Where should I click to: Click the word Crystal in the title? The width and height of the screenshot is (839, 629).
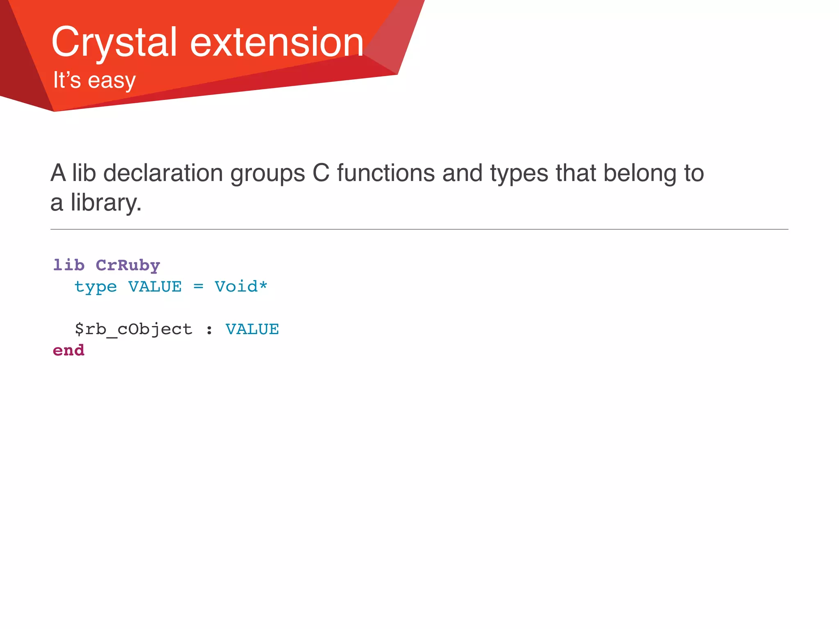tap(114, 43)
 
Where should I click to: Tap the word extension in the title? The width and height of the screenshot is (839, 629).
tap(277, 43)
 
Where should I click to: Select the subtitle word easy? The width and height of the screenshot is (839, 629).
tap(111, 81)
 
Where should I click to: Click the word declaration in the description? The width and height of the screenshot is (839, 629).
tap(163, 173)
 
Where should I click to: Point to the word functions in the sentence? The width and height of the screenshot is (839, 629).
tap(385, 173)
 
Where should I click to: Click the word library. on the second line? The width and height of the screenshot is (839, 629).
tap(106, 203)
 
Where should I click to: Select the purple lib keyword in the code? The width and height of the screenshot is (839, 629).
tap(68, 265)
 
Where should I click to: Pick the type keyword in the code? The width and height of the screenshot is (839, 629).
tap(95, 287)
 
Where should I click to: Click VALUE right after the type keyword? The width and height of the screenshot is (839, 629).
tap(155, 287)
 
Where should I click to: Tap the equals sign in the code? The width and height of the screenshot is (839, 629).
tap(198, 287)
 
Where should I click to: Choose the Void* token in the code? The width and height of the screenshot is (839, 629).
tap(241, 287)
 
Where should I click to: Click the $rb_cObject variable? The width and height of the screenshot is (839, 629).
tap(133, 330)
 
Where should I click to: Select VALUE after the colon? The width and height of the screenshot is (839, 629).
tap(252, 330)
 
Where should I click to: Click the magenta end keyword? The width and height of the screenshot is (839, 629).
tap(68, 351)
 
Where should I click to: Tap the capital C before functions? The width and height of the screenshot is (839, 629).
tap(321, 173)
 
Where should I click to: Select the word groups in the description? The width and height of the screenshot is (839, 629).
tap(268, 173)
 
